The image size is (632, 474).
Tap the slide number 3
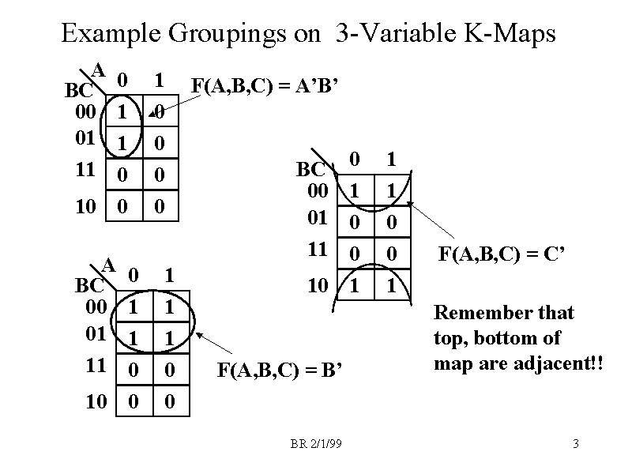[576, 444]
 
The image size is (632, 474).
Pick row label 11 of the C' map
[317, 250]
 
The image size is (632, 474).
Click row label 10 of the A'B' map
[85, 207]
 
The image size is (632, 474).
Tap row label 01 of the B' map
[96, 333]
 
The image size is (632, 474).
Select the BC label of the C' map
[310, 169]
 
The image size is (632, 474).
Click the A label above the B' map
[109, 264]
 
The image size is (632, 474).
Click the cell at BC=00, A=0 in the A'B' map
[122, 113]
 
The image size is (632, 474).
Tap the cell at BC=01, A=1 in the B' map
[168, 337]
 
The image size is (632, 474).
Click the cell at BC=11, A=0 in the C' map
[355, 253]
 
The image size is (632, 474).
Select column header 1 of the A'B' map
[159, 80]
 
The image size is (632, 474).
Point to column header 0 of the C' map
[355, 159]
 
